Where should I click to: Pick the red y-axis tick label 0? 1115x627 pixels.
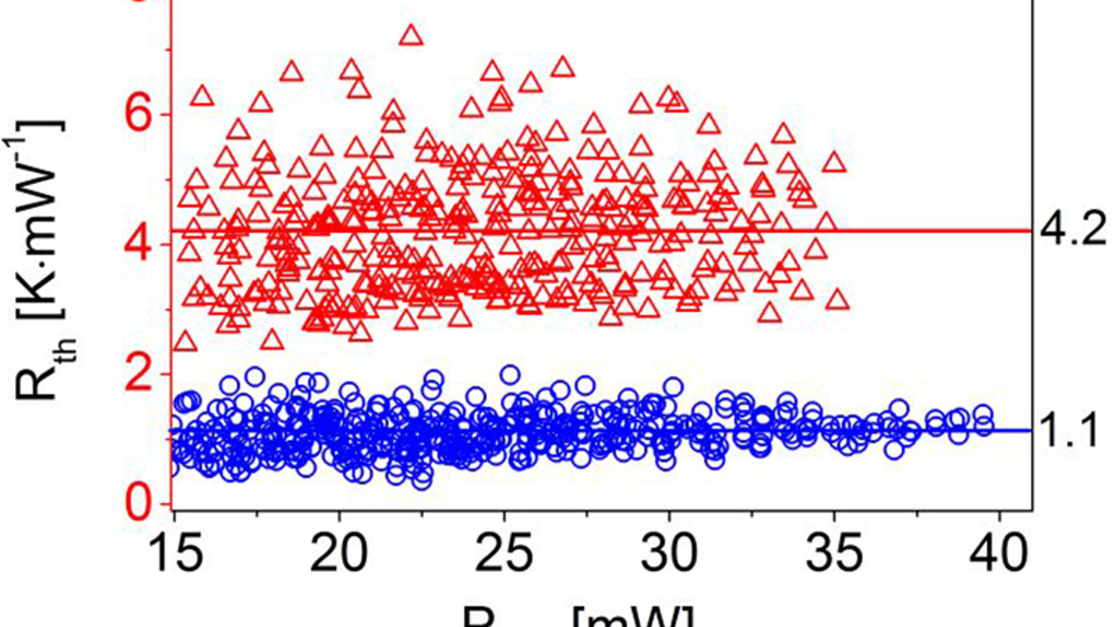[x=139, y=503]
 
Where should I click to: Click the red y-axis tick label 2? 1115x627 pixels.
[x=139, y=374]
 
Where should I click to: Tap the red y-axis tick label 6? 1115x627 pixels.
[x=139, y=114]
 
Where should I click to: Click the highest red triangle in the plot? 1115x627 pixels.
[x=412, y=36]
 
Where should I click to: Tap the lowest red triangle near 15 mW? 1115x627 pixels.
[x=186, y=342]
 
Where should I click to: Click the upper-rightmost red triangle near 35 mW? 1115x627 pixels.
[x=835, y=163]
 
